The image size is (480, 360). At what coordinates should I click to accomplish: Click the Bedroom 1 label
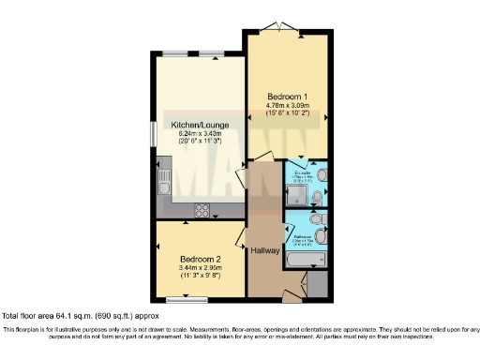click(x=287, y=97)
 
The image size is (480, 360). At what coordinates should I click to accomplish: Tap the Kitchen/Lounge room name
click(x=195, y=125)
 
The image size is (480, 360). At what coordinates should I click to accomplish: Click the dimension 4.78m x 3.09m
click(x=287, y=109)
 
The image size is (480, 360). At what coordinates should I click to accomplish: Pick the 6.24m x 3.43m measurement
click(x=195, y=136)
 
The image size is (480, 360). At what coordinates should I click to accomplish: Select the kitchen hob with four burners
click(x=202, y=209)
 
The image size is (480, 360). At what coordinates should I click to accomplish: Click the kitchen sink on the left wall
click(x=163, y=178)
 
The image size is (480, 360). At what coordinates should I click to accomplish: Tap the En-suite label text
click(x=302, y=175)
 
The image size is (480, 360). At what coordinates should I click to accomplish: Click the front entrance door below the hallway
click(x=290, y=296)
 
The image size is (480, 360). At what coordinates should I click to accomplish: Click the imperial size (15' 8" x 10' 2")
click(x=287, y=119)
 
